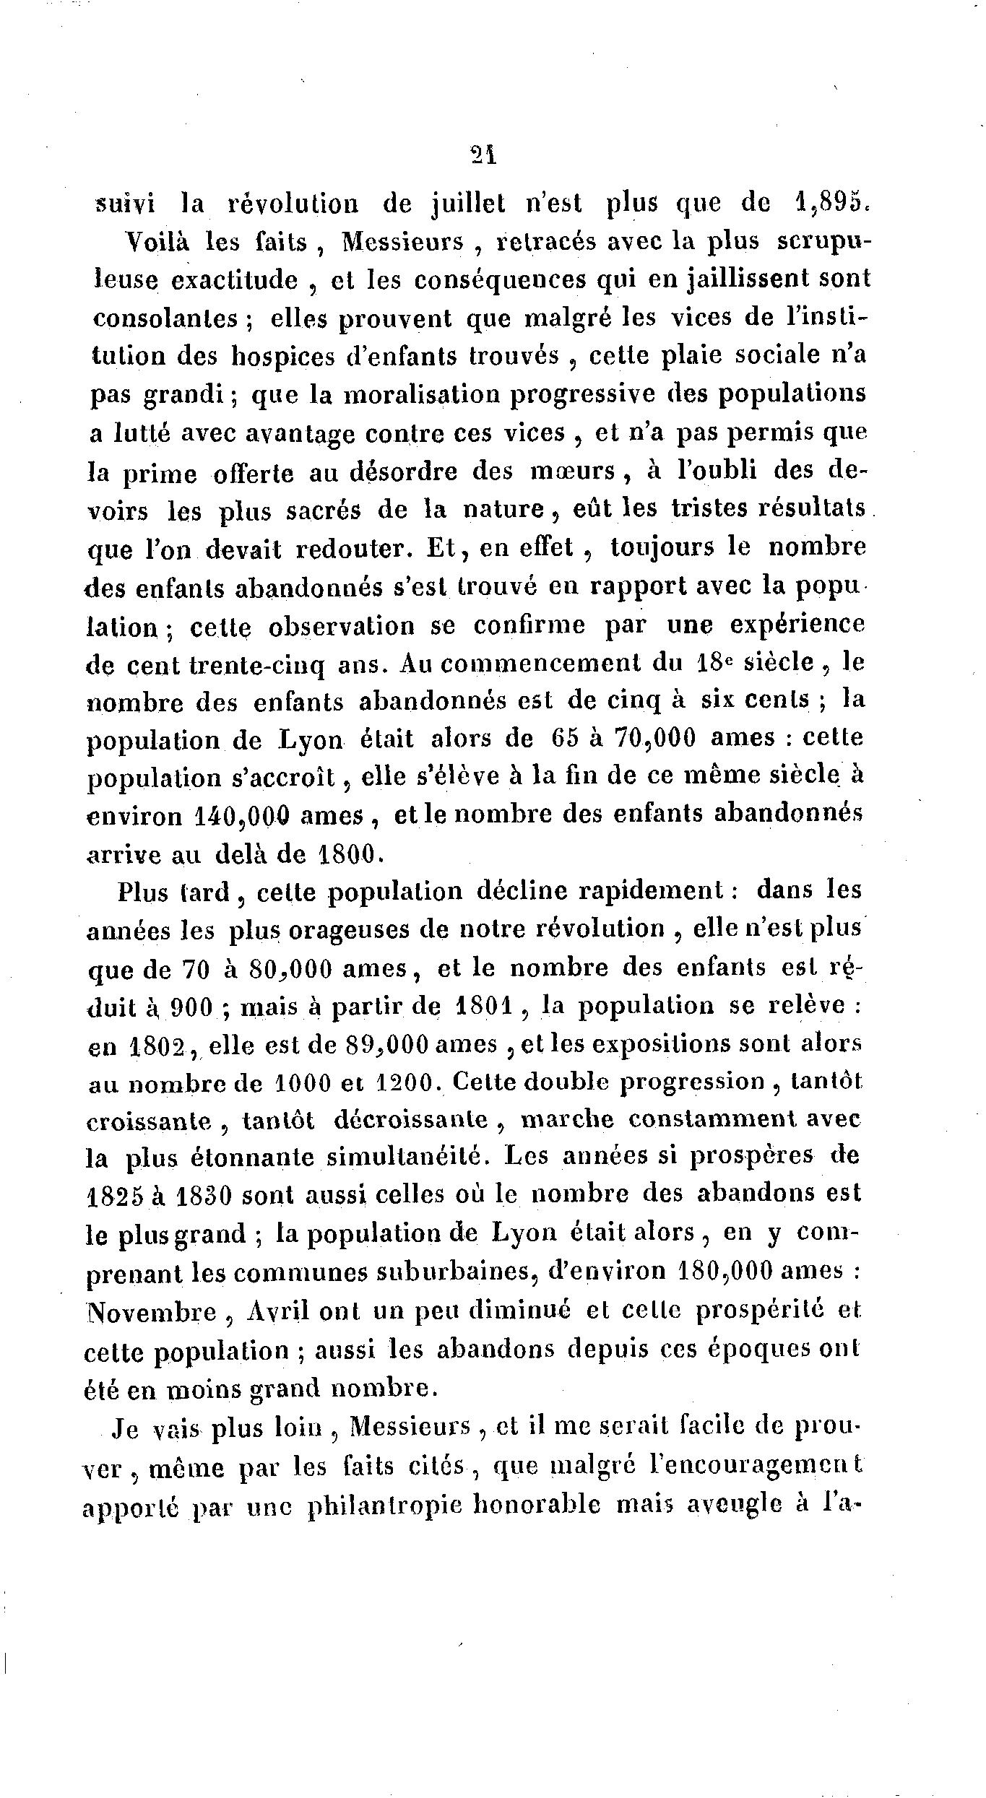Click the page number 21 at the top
pos(482,156)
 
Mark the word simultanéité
pos(405,1158)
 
